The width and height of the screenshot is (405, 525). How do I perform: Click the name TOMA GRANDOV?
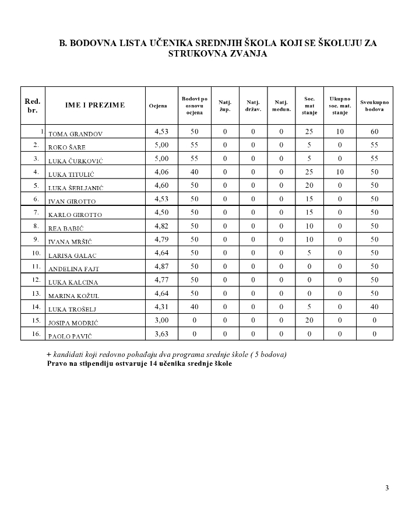[x=75, y=134]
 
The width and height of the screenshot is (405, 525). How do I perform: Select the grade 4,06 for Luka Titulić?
[x=161, y=172]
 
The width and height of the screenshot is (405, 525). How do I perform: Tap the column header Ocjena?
[x=158, y=106]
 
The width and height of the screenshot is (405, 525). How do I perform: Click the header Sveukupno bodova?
[x=374, y=106]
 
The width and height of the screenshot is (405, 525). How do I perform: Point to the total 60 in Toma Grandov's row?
[x=374, y=132]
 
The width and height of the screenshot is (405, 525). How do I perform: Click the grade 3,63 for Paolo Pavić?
[x=161, y=334]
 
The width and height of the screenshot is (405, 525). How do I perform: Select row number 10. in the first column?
[x=36, y=253]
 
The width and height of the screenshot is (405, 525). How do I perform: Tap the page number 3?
[x=387, y=488]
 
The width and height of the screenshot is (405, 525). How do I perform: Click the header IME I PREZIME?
[x=95, y=105]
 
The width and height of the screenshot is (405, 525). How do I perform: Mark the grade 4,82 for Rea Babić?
[x=161, y=226]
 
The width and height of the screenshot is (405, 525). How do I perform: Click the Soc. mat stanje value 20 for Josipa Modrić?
[x=309, y=320]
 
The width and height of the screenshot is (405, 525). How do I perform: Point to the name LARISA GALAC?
[x=72, y=256]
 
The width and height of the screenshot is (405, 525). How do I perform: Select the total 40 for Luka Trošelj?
[x=374, y=307]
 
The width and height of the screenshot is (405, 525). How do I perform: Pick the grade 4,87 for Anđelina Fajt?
[x=161, y=267]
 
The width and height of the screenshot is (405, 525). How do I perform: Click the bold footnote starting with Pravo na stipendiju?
[x=139, y=364]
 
